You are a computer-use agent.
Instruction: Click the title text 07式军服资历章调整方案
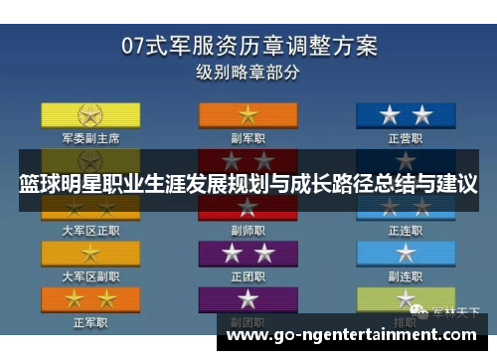[248, 45]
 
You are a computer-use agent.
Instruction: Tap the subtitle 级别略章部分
[248, 73]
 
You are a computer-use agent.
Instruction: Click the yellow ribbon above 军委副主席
[90, 113]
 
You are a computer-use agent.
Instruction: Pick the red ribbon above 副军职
[248, 113]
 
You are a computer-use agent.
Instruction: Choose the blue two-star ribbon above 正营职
[406, 113]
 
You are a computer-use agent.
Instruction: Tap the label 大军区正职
[90, 230]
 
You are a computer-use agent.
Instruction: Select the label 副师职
[248, 230]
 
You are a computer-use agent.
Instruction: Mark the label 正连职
[406, 230]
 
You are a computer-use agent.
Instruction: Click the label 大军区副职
[90, 275]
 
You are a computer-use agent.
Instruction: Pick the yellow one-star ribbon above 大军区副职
[90, 254]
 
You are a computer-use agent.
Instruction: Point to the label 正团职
[248, 275]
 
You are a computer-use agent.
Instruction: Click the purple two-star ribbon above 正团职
[248, 254]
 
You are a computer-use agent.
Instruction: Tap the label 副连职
[406, 275]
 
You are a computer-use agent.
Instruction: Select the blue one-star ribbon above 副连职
[406, 254]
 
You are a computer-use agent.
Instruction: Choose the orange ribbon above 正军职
[90, 299]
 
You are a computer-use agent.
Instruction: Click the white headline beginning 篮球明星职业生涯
[248, 184]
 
